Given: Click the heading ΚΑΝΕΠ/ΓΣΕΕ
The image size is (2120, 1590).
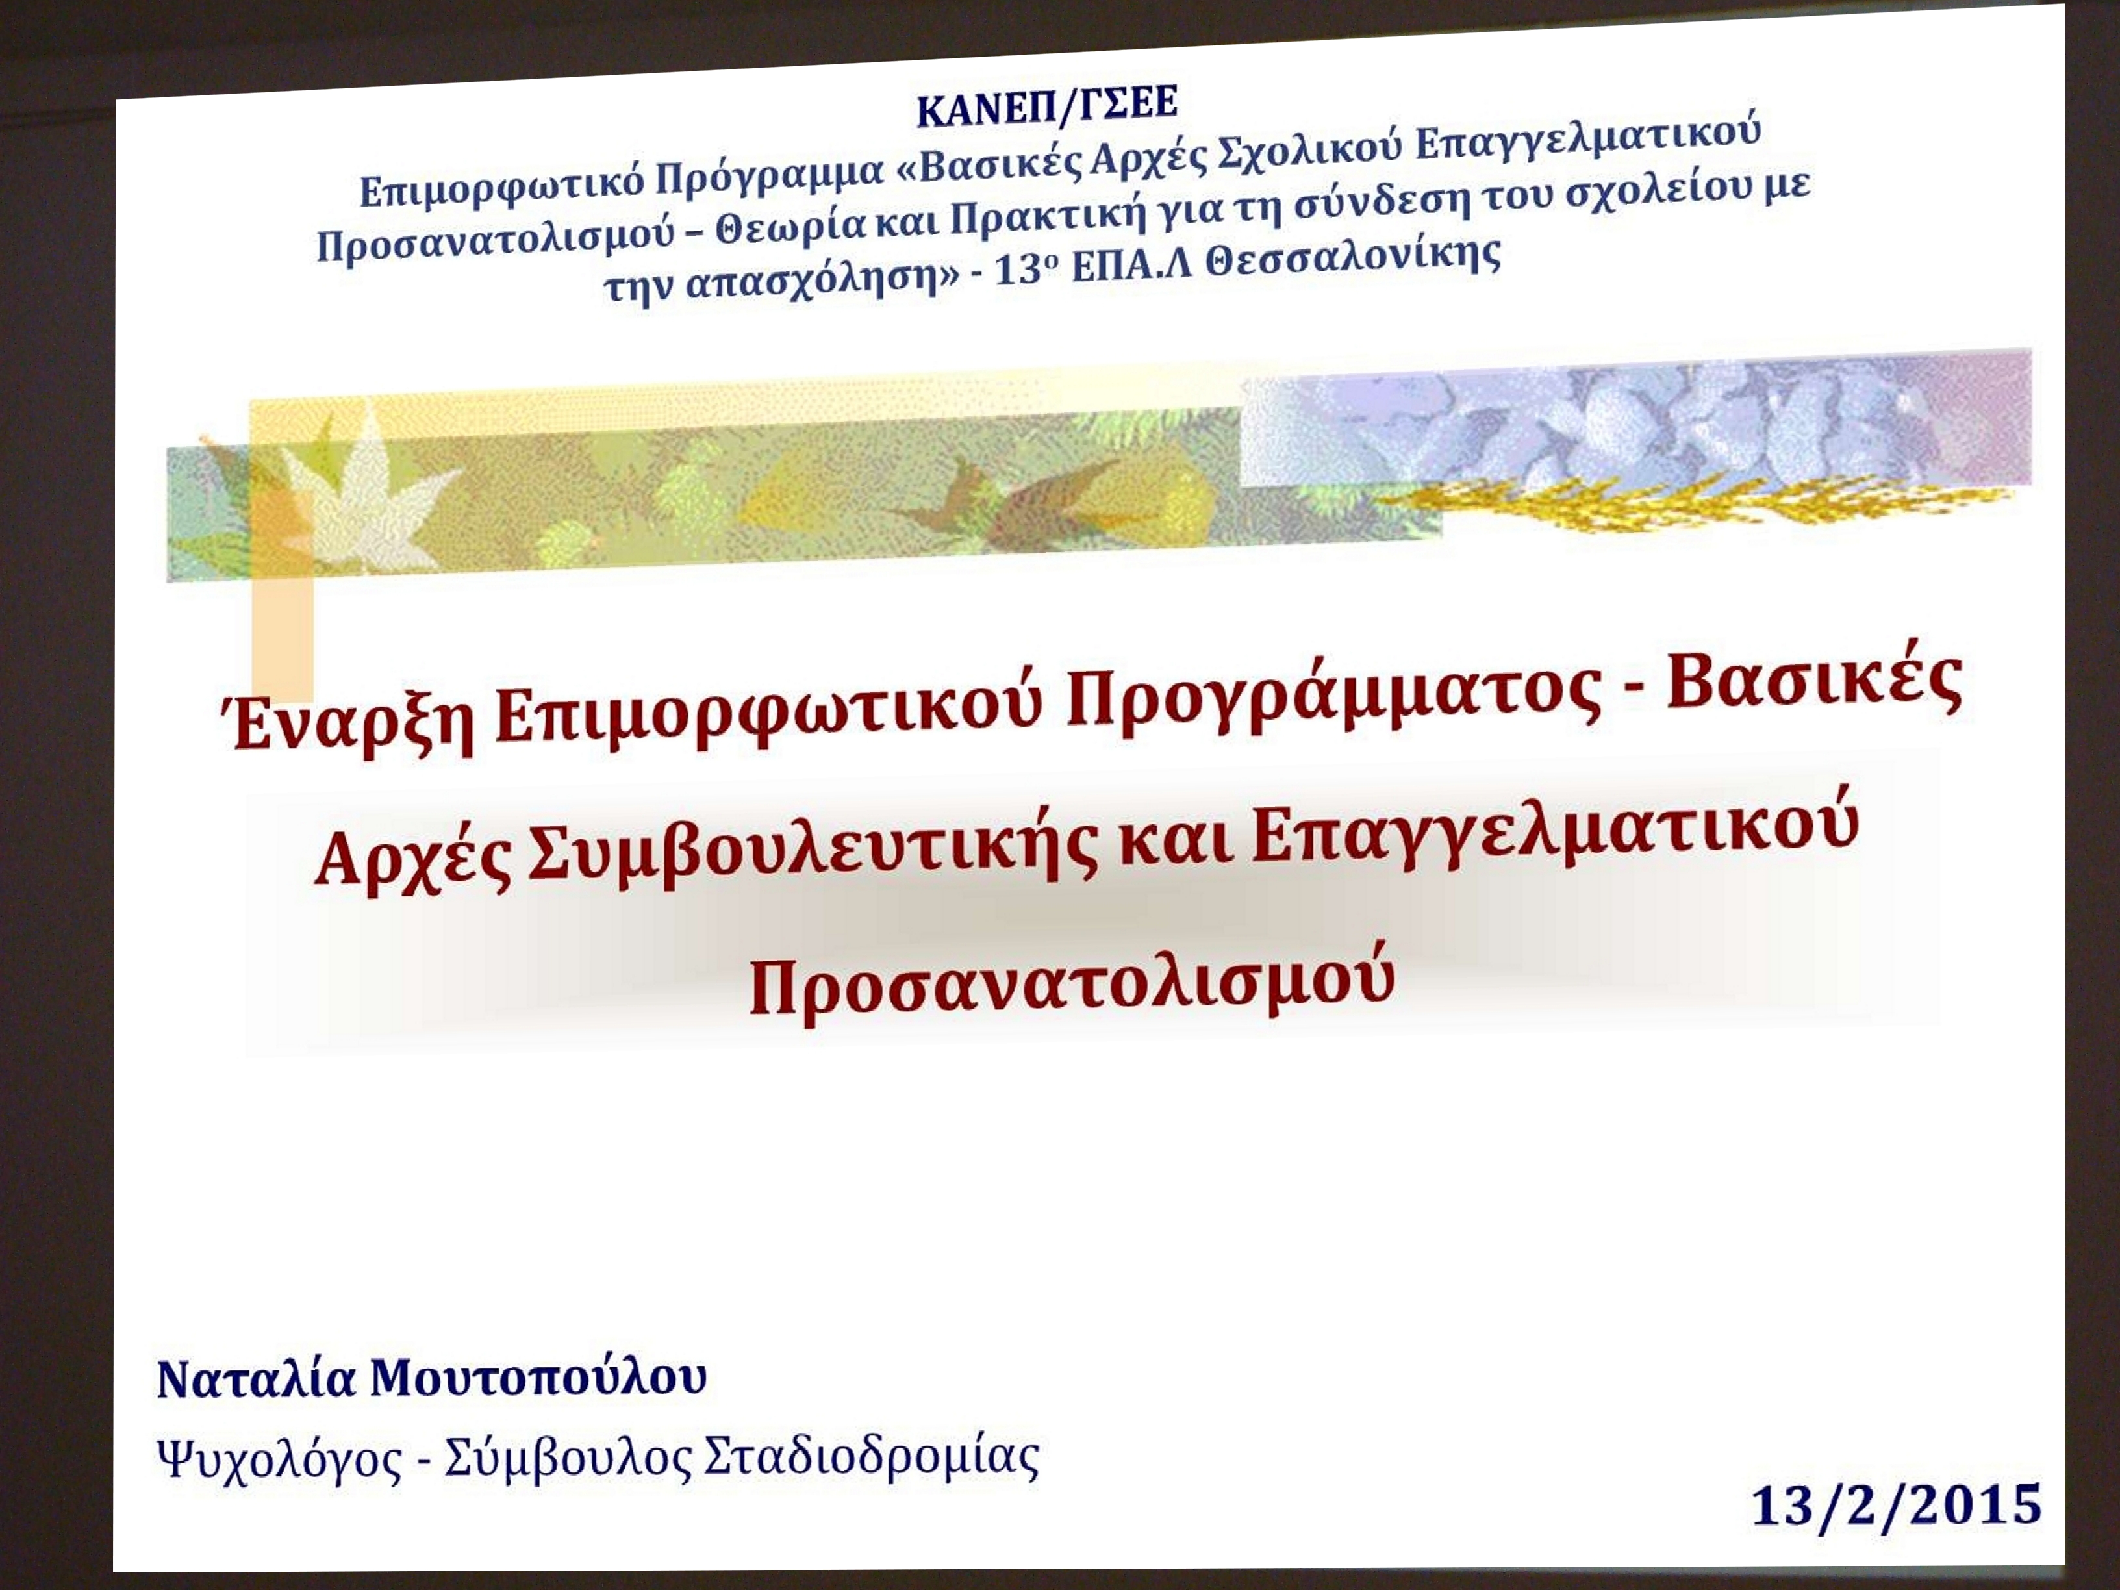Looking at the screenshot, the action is [1046, 107].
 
